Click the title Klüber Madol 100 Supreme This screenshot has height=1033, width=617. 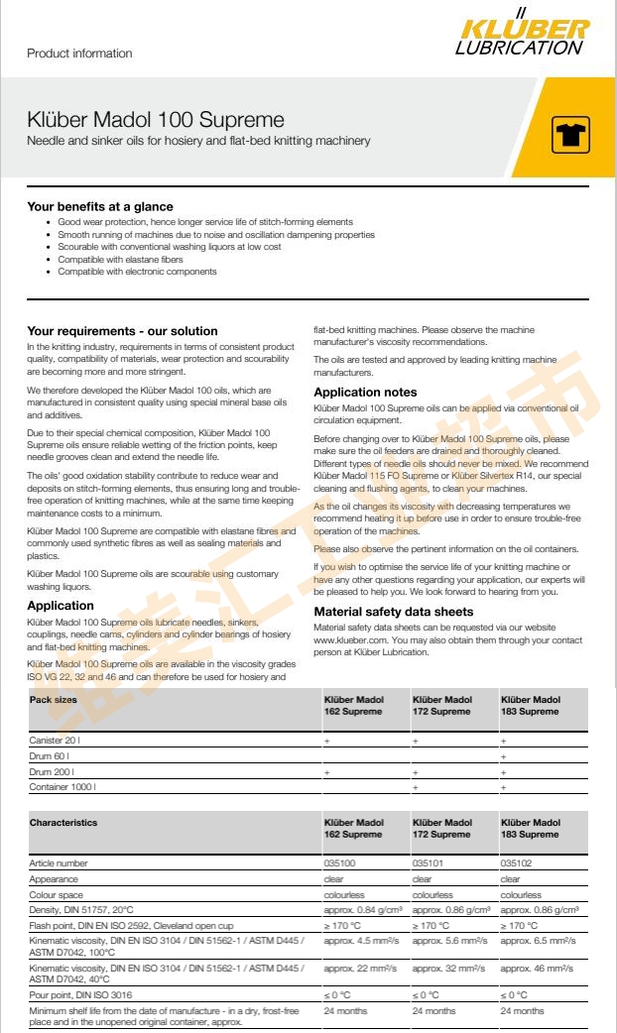pos(156,120)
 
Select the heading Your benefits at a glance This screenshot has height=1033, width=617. pos(100,207)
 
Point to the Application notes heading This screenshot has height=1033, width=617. pos(365,393)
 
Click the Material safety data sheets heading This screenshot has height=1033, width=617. pos(393,612)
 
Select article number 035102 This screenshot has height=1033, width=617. pos(517,863)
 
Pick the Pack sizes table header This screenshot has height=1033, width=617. pos(54,699)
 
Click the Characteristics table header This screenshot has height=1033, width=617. pos(63,822)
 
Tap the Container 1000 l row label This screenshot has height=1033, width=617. pos(62,787)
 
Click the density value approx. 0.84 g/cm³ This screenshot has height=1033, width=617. pos(362,909)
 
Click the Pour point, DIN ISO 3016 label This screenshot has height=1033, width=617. pos(80,994)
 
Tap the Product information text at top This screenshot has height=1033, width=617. pos(79,53)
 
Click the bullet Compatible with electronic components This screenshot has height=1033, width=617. pos(137,272)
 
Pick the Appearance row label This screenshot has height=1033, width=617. pos(54,878)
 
